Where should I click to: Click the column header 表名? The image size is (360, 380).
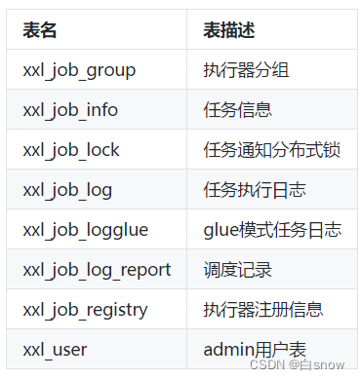(x=40, y=30)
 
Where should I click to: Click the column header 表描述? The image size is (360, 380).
(x=229, y=30)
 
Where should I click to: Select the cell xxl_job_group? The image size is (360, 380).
(x=80, y=70)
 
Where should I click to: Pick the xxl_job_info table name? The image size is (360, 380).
(x=70, y=110)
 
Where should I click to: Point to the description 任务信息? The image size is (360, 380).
(x=238, y=110)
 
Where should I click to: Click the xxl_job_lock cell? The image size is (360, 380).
(x=70, y=150)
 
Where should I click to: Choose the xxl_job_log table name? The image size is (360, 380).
(x=66, y=190)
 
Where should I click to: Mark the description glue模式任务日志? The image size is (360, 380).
(x=273, y=230)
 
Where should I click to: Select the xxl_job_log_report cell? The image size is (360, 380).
(x=97, y=270)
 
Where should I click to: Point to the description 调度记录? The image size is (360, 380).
(x=238, y=270)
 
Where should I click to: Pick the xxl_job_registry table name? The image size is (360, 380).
(x=86, y=310)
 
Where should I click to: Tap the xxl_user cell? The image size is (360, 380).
(x=55, y=350)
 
